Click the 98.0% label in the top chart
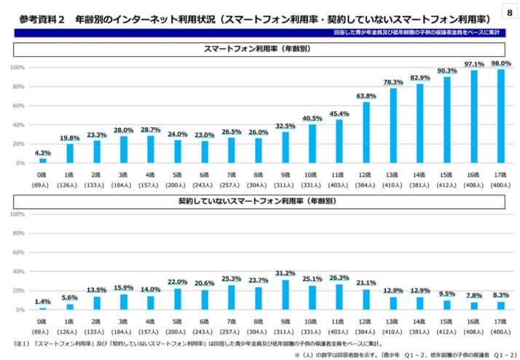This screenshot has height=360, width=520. coord(500,63)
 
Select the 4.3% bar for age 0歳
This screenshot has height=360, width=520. coord(43,160)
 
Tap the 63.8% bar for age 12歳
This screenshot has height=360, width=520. coord(366,132)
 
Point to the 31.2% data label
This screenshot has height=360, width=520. coord(285,273)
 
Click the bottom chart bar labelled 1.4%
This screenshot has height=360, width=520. coord(43,308)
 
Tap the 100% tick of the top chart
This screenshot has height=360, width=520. coord(18,67)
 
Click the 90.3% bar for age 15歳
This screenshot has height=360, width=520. coord(446,120)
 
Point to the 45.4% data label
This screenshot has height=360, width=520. coord(339,113)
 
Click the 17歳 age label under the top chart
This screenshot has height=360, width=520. coord(500,176)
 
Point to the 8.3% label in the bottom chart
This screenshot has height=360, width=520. coord(500,295)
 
